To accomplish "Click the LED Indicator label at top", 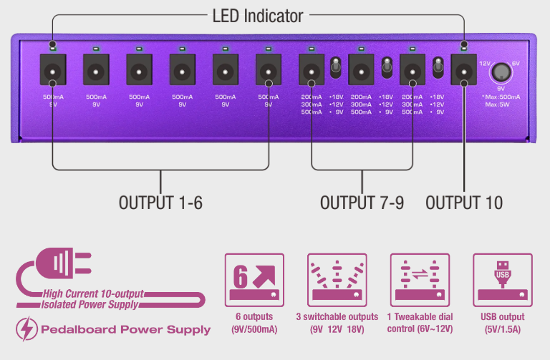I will (x=258, y=15).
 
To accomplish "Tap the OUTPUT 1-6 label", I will (x=160, y=203).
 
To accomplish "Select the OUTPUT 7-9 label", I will (x=362, y=203).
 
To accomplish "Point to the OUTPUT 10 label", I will (x=464, y=203).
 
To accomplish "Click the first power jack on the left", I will (x=52, y=71).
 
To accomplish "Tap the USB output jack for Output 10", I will (x=464, y=71).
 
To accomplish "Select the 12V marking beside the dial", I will (x=483, y=63).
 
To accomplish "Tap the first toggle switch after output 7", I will (x=334, y=69).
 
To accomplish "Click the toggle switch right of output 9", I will (x=437, y=69).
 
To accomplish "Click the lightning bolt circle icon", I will (x=26, y=329).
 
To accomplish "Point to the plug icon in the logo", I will (x=65, y=263).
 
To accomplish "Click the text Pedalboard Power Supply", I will (x=125, y=330).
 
